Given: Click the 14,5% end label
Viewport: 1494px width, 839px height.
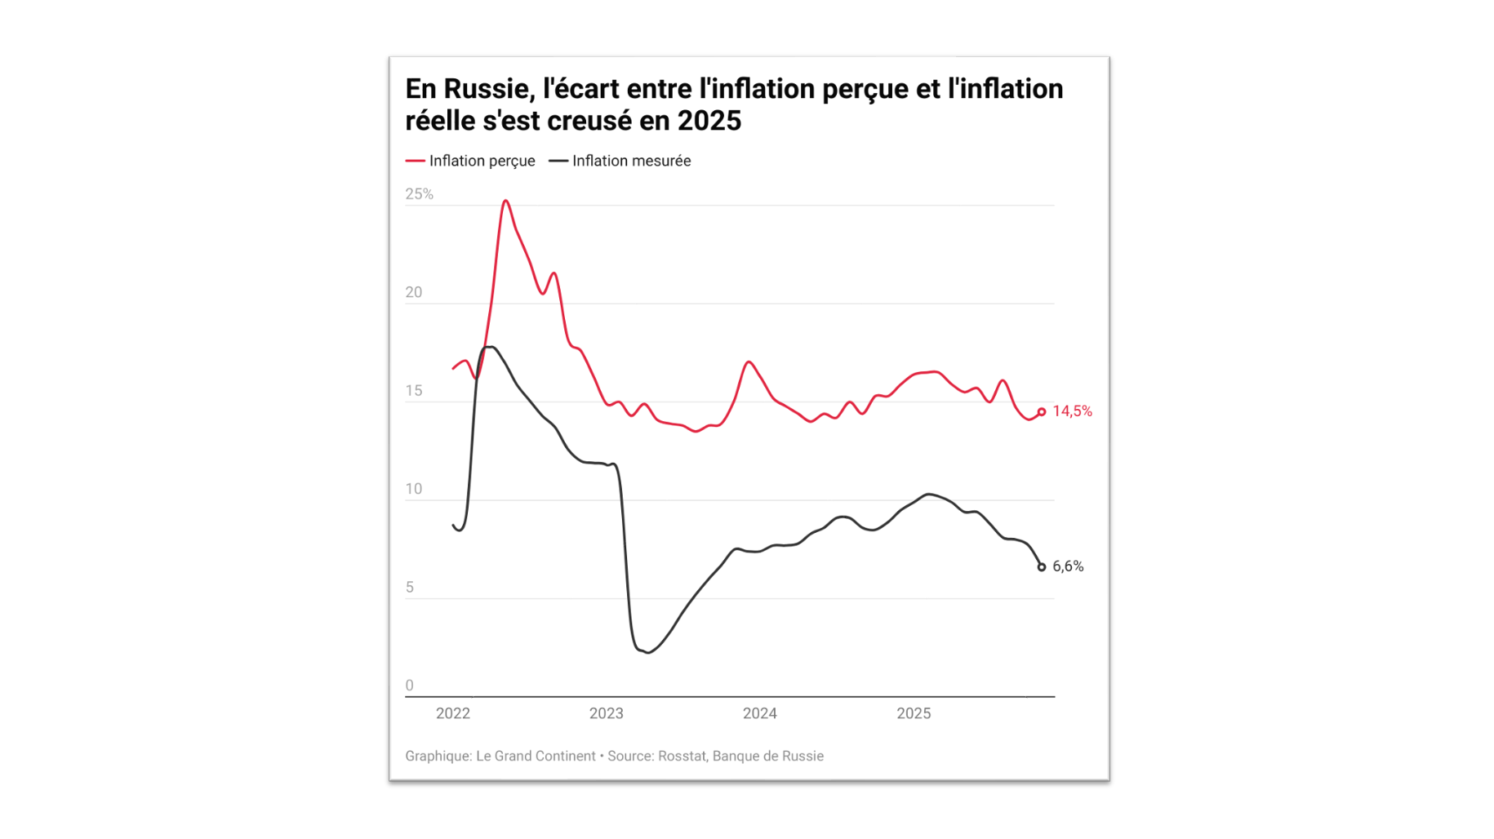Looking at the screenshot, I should (x=1071, y=411).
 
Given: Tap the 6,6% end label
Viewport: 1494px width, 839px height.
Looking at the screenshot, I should (x=1067, y=566).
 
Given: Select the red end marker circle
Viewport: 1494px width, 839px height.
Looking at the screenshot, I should (x=1042, y=412).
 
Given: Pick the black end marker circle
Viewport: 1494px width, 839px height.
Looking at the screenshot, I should (x=1042, y=567).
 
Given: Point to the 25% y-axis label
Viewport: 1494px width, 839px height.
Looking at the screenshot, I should (x=419, y=194).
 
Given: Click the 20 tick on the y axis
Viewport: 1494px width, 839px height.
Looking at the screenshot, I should (x=414, y=292).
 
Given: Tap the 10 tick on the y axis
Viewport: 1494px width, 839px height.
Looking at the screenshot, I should (x=414, y=489).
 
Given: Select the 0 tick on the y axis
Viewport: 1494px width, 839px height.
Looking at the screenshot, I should (x=410, y=686).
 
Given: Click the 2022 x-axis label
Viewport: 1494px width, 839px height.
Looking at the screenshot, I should (x=453, y=713).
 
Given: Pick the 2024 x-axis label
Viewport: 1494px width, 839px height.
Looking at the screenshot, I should (x=759, y=713).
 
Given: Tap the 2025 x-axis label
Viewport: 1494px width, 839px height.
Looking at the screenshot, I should (x=913, y=713).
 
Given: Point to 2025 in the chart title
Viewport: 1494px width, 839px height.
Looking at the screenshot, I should (x=709, y=121).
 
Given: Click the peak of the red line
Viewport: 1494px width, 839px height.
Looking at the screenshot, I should (x=506, y=201).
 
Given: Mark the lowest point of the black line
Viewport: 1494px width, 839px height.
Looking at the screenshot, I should (x=648, y=652).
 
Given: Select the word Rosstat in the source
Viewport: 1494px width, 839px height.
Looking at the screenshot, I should (x=682, y=756).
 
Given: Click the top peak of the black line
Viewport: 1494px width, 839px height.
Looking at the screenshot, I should (x=490, y=347).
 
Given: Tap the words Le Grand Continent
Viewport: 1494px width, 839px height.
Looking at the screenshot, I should (x=536, y=756).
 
